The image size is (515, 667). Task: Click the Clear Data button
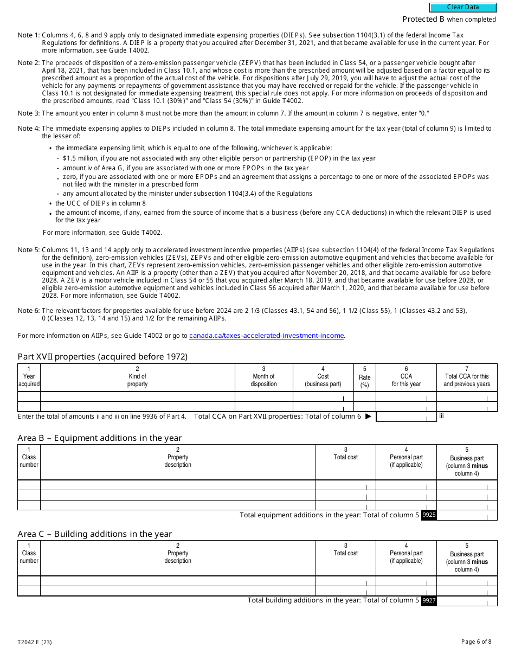[463, 8]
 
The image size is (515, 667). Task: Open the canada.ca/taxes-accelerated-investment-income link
[267, 336]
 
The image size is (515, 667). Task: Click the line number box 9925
[429, 515]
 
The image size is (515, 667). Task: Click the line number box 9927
[429, 600]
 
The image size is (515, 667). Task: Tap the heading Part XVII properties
[102, 357]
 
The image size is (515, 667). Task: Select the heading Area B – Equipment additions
[99, 438]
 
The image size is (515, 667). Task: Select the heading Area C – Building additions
[94, 534]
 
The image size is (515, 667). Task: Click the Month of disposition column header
[263, 377]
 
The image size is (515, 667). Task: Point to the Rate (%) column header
[365, 377]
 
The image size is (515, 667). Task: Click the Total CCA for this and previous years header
[467, 377]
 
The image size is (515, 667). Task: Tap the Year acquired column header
[29, 377]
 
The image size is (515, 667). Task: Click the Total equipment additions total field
[467, 515]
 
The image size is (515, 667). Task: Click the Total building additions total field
[467, 600]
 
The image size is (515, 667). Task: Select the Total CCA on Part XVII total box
[406, 416]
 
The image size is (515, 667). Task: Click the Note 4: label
[29, 129]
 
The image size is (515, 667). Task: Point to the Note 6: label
[29, 311]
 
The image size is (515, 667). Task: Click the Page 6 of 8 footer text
[476, 642]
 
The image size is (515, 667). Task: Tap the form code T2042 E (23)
[35, 643]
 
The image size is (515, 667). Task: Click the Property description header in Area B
[178, 461]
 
